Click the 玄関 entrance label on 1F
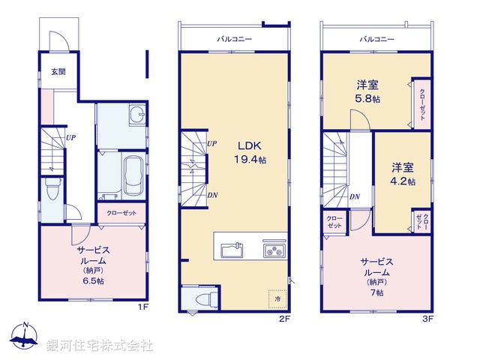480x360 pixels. [x=57, y=73]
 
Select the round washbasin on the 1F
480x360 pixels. [x=136, y=116]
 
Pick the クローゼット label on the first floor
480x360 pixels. [x=121, y=213]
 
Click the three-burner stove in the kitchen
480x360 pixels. [x=271, y=249]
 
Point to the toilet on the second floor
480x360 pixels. [x=202, y=298]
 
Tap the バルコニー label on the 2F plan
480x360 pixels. [x=234, y=37]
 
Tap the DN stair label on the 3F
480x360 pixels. [x=354, y=196]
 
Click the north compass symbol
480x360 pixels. [x=25, y=339]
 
